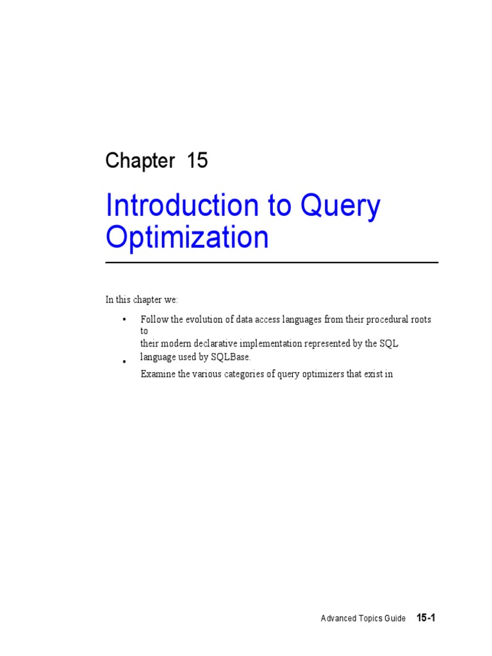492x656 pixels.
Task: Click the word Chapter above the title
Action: pos(140,161)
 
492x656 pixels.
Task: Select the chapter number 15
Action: pos(197,161)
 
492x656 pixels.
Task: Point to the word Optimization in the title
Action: pos(187,237)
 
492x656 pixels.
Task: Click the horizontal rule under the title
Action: pos(272,263)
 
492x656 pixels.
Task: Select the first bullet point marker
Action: pos(124,319)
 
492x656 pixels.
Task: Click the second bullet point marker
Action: pos(124,363)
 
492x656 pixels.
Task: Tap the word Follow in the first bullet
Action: pos(152,319)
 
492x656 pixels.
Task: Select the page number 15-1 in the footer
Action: pos(426,618)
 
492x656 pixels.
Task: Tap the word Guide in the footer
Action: pos(395,619)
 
